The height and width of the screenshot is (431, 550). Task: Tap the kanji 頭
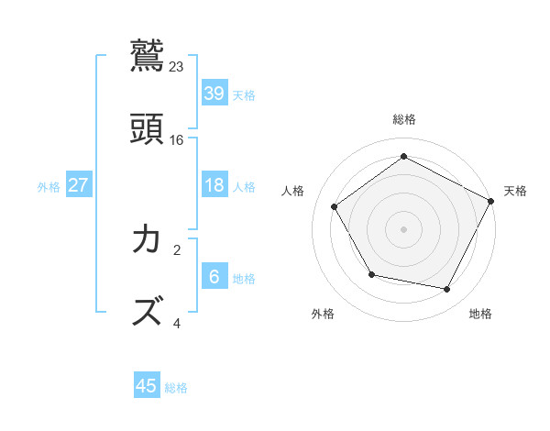[147, 129]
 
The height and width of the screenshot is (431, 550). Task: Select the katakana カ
[147, 239]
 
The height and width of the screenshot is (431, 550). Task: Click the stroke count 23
[177, 66]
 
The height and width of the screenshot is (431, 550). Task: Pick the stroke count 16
[177, 139]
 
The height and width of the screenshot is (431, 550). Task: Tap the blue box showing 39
[214, 93]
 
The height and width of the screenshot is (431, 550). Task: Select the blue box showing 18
[214, 185]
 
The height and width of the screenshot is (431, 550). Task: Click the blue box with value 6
[214, 276]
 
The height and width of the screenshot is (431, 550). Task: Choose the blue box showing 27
[78, 185]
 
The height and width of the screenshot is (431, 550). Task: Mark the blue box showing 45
[147, 386]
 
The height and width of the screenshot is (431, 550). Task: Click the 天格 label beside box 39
[244, 94]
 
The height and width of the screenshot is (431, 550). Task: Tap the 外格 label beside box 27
[49, 187]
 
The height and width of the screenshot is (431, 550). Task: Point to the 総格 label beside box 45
[176, 388]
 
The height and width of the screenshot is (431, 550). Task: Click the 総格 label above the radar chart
[404, 119]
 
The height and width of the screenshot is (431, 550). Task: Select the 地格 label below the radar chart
[480, 314]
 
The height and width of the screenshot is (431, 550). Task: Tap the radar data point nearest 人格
[335, 206]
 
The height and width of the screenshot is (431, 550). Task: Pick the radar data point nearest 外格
[371, 274]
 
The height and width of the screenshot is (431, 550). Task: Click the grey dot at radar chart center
[404, 228]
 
